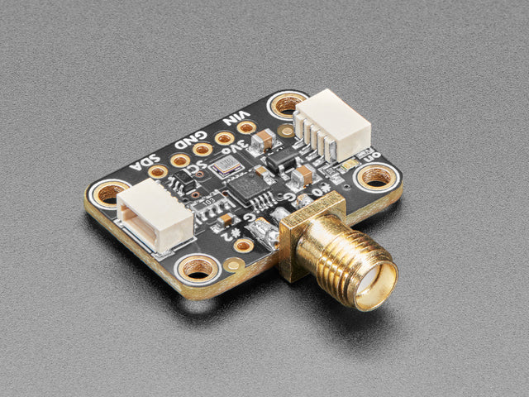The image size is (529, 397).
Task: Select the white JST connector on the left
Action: coord(155,217)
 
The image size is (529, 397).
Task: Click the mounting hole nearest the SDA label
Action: coord(109,195)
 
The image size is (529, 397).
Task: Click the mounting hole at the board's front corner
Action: coord(198,268)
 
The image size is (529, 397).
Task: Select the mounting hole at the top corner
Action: coord(286,104)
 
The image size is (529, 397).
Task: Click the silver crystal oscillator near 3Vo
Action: coord(226,167)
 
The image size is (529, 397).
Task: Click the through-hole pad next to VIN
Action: coord(246,127)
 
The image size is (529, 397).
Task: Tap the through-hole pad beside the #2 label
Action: coord(243,246)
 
